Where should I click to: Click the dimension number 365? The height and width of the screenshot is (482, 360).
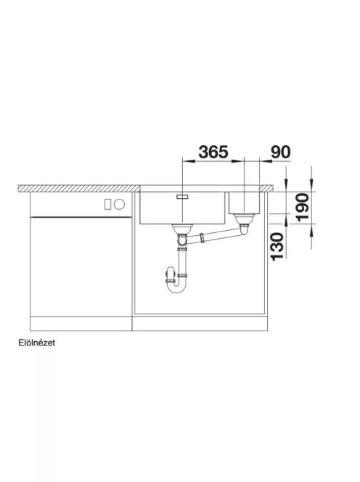pyautogui.click(x=213, y=152)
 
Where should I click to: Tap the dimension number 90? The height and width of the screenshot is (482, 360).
pyautogui.click(x=280, y=152)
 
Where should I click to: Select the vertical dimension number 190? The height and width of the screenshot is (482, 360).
pyautogui.click(x=302, y=207)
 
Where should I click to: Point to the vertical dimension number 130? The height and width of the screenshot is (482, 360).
pyautogui.click(x=277, y=246)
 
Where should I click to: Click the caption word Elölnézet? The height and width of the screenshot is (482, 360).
pyautogui.click(x=36, y=343)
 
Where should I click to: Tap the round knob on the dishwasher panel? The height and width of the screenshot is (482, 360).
pyautogui.click(x=119, y=204)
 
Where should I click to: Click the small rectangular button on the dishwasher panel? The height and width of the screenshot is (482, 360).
pyautogui.click(x=107, y=204)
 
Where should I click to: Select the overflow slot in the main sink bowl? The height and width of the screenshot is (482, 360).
pyautogui.click(x=183, y=197)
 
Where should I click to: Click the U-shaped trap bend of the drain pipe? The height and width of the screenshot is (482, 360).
pyautogui.click(x=176, y=287)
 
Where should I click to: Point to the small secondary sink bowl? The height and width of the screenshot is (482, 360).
pyautogui.click(x=245, y=203)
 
